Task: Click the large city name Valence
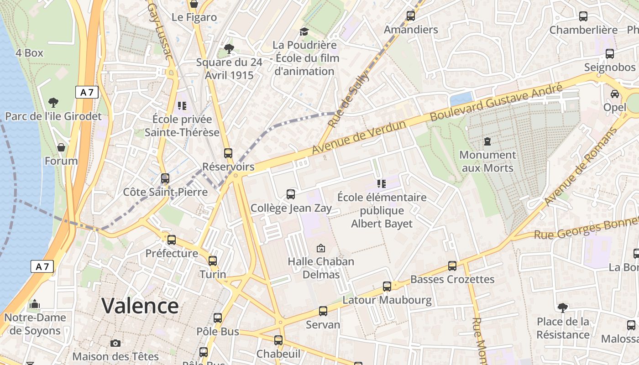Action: coord(140,305)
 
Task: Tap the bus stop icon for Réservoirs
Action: coord(228,153)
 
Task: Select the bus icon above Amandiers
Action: coord(410,16)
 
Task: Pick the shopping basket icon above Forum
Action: coord(61,147)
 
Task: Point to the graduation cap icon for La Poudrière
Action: coord(304,31)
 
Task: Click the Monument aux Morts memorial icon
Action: coord(487,141)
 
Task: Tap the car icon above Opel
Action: coord(615,94)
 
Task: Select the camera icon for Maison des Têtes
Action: coord(115,343)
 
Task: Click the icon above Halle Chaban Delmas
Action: coord(321,248)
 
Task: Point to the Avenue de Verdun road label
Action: coord(359,137)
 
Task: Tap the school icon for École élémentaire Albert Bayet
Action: coord(382,184)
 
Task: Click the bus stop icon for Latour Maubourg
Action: coord(387,287)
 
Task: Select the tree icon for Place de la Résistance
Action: coord(563,308)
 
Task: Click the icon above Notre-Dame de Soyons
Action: coord(35,304)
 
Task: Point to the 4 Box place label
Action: coord(29,53)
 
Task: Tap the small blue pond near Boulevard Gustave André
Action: coord(461,99)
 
